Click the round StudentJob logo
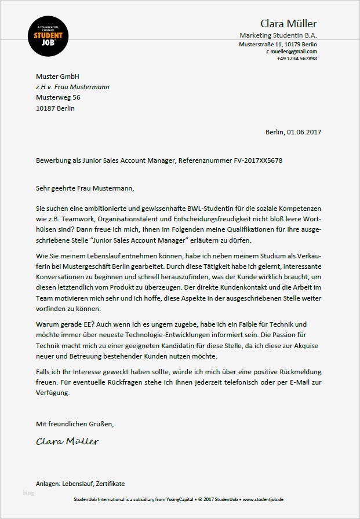pos(49,36)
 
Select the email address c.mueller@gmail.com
pos(292,52)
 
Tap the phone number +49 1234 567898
pos(297,59)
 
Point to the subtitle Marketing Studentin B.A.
pos(278,36)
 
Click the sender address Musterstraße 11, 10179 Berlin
pos(278,44)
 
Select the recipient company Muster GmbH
pos(57,76)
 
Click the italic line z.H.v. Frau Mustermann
pos(72,87)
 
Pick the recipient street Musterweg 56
pos(58,97)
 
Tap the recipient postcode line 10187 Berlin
pos(55,108)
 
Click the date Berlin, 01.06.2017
pos(293,132)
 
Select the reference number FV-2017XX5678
pos(252,160)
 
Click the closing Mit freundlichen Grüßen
pos(75,424)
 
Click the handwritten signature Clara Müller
pos(67,441)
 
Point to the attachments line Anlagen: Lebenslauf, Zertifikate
pos(80,483)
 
